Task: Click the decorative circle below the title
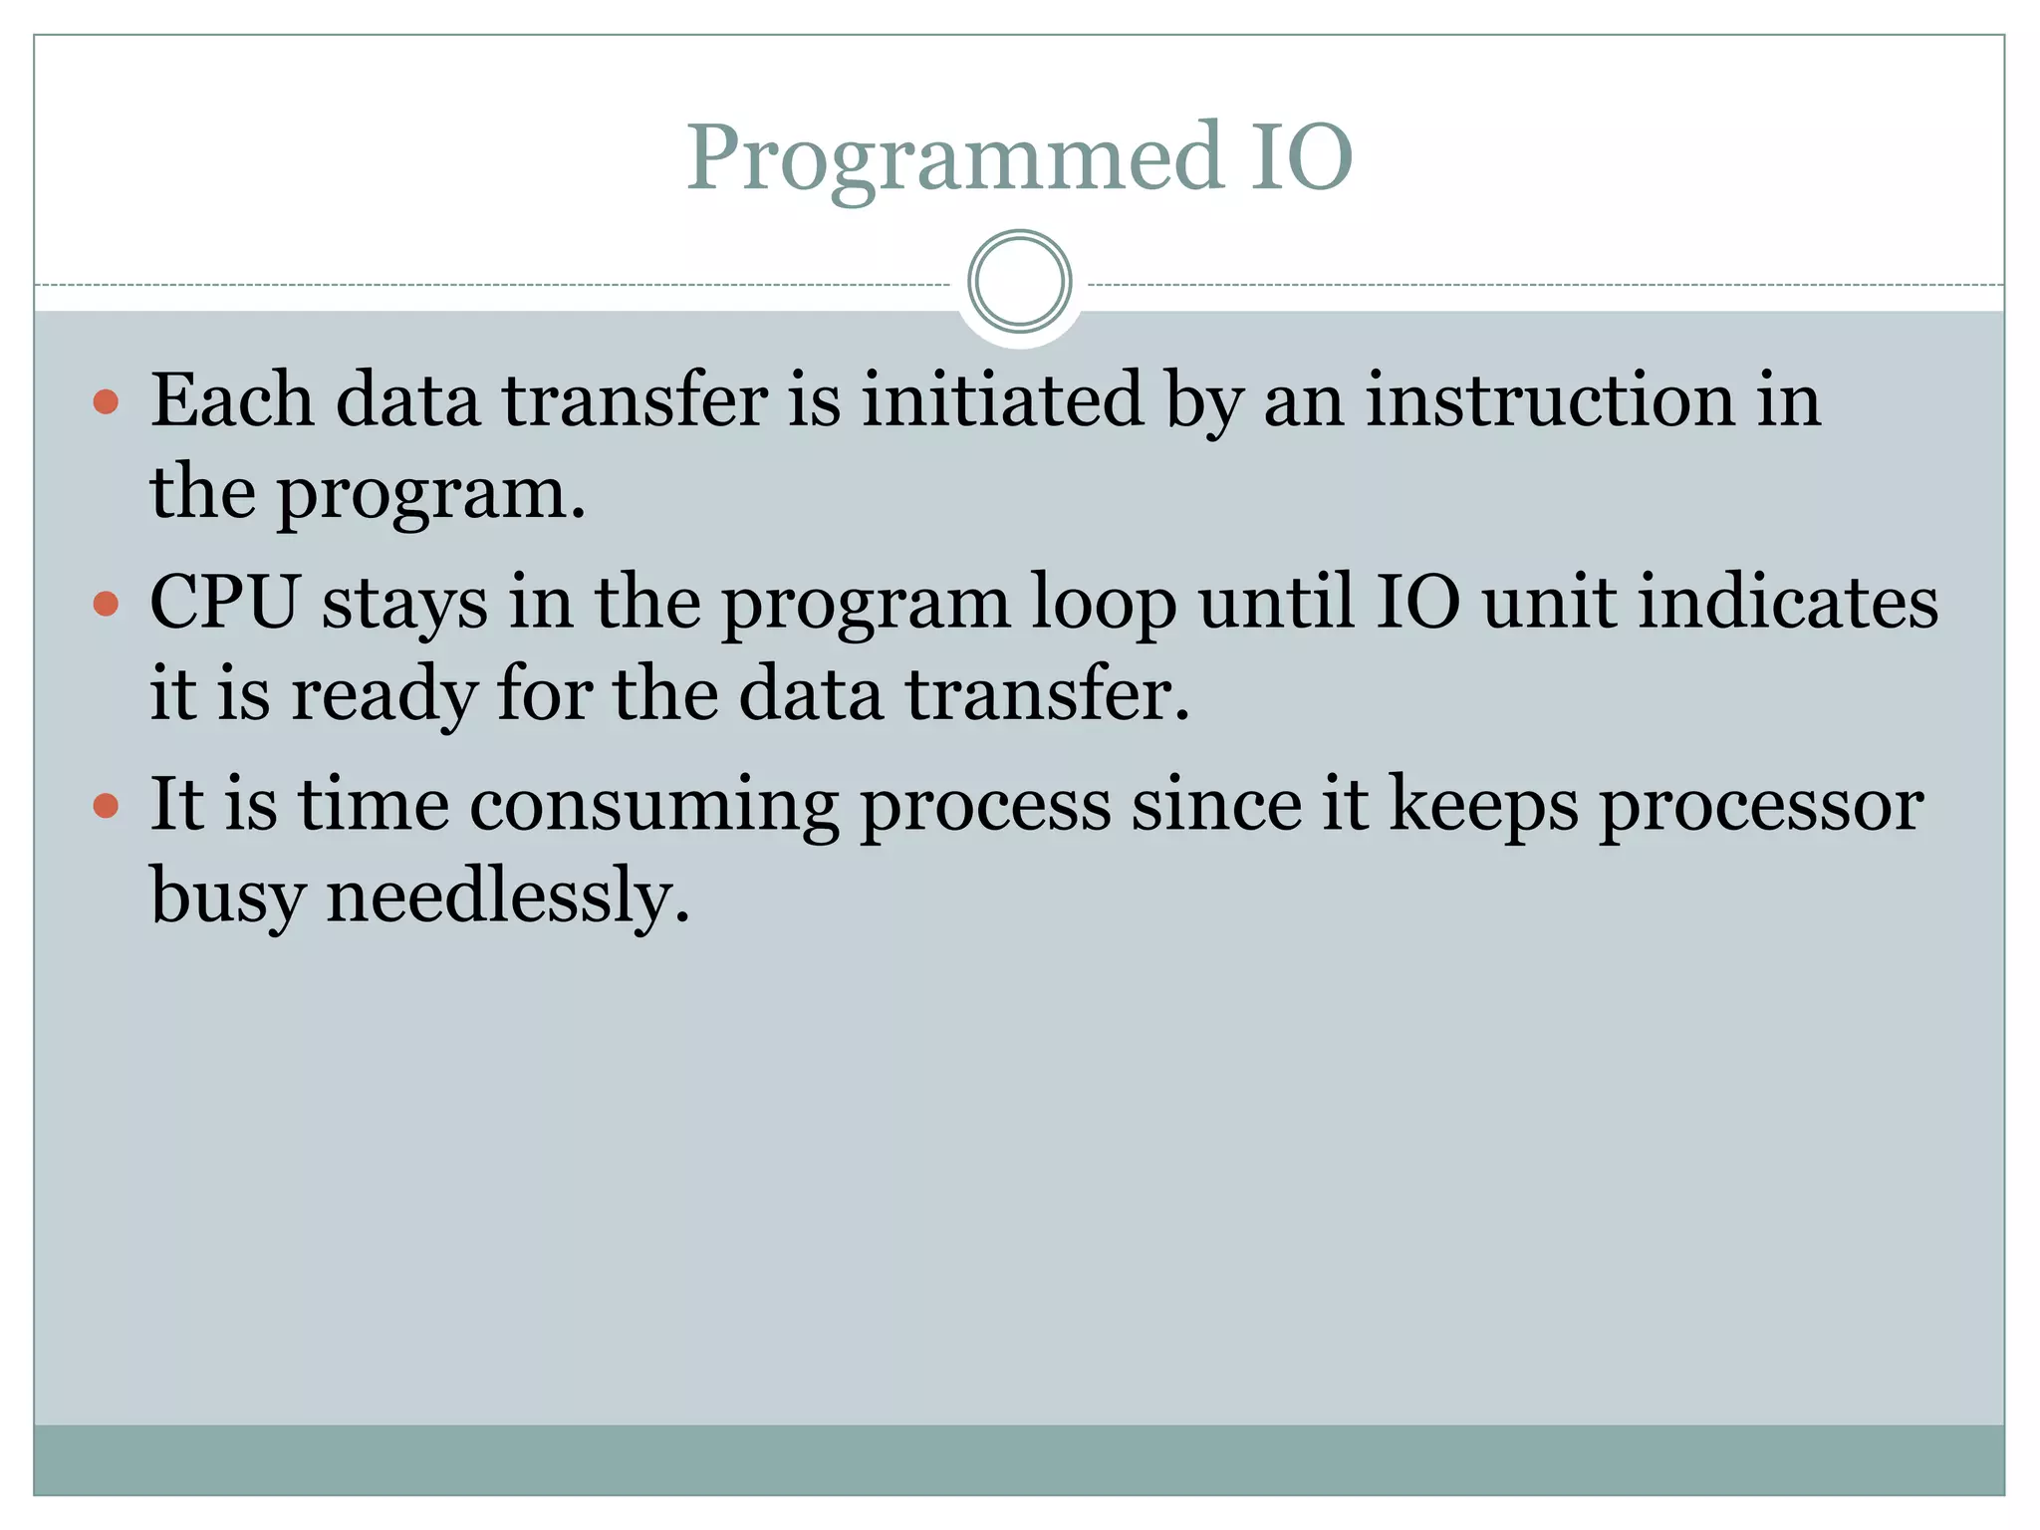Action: point(1019,282)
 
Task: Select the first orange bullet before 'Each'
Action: point(106,401)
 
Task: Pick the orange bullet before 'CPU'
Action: point(106,604)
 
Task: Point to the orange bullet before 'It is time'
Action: point(106,805)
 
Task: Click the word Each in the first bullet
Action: point(232,400)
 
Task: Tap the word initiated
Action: point(1002,400)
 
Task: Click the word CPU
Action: point(225,603)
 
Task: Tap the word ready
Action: point(383,695)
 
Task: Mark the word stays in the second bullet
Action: point(404,605)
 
